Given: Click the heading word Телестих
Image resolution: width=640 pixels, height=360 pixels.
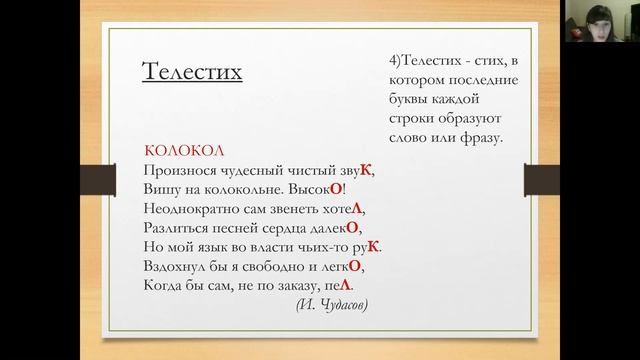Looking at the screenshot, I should point(193,73).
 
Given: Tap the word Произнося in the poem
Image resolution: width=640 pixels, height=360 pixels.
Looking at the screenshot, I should point(179,170).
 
